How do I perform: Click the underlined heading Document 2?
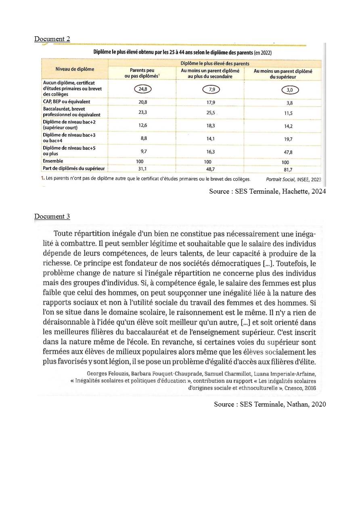[x=52, y=39]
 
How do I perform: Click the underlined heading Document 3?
[x=52, y=216]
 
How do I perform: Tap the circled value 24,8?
[x=142, y=89]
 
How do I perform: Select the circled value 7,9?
[x=211, y=89]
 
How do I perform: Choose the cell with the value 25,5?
[x=211, y=113]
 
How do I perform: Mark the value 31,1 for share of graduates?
[x=142, y=169]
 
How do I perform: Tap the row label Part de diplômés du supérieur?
[x=74, y=168]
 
